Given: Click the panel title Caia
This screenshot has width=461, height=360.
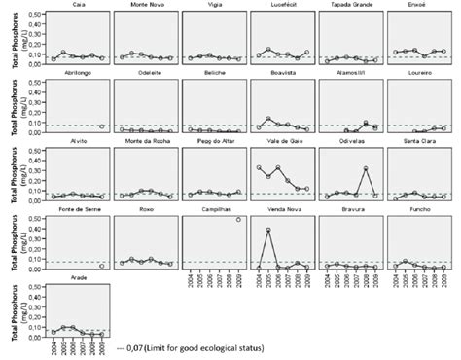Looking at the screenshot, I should (x=78, y=5).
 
